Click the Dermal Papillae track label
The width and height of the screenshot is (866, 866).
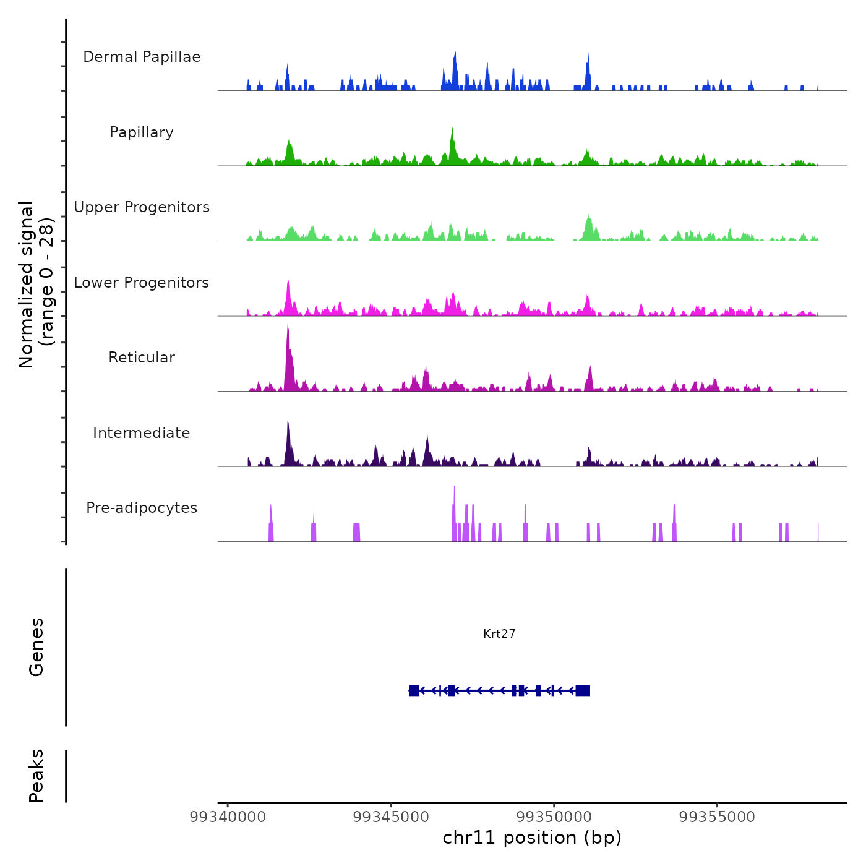pos(142,57)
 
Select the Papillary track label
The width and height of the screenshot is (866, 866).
pos(142,132)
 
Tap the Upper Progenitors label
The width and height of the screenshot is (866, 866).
pos(142,207)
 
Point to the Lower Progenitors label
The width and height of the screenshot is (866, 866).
pos(142,283)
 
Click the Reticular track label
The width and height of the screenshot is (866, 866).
pos(142,358)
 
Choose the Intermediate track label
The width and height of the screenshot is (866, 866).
pos(142,433)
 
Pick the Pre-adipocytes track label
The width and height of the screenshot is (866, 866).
pos(142,508)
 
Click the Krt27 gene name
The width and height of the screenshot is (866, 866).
pos(499,633)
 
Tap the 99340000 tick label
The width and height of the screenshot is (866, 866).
pos(228,817)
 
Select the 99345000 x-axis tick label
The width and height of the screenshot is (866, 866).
pos(391,817)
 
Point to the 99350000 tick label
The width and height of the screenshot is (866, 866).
pos(554,817)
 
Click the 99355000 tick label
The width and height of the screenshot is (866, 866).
pos(718,817)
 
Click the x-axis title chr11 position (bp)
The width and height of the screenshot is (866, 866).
pos(532,838)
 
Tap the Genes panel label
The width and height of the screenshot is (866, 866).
pos(36,647)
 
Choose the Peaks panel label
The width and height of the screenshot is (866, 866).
pos(36,776)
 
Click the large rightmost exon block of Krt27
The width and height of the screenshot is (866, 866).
pos(583,690)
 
